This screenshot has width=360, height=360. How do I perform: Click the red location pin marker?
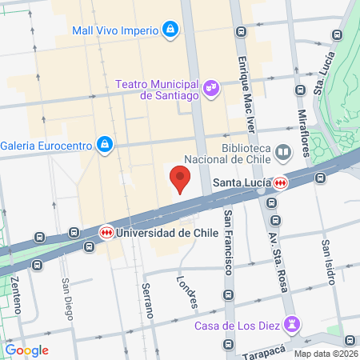(181, 179)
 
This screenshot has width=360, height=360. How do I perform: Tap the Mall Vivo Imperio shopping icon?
(170, 30)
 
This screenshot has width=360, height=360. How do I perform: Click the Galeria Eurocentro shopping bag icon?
(104, 145)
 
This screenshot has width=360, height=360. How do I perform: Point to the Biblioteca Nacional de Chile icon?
(282, 152)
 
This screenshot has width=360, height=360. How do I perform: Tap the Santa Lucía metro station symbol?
(279, 183)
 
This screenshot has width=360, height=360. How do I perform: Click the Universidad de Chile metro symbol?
(106, 233)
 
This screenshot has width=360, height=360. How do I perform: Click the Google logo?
(27, 350)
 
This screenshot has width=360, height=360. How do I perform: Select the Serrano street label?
(146, 300)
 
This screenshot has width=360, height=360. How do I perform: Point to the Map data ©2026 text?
(326, 354)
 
